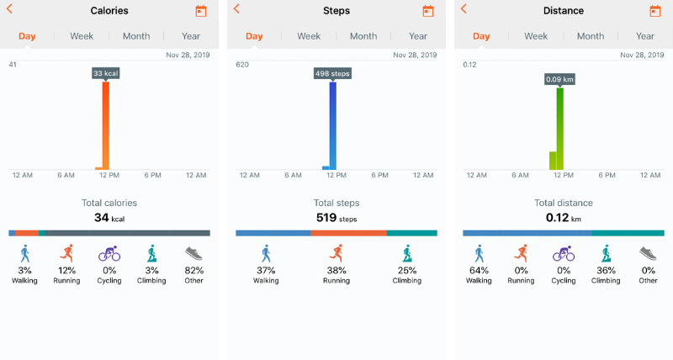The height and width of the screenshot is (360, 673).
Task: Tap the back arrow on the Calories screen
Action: click(9, 9)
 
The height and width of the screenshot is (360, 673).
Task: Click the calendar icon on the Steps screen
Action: click(428, 11)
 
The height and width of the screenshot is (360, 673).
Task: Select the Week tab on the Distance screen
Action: click(536, 36)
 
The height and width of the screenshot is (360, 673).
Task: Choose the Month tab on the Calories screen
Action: click(136, 36)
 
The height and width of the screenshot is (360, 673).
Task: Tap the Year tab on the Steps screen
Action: click(418, 36)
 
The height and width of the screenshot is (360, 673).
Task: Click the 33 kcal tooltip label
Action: click(106, 74)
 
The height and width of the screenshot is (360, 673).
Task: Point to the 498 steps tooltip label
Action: click(333, 74)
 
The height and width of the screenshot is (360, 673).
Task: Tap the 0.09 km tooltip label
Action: click(560, 79)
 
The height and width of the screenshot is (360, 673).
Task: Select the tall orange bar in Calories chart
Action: click(106, 126)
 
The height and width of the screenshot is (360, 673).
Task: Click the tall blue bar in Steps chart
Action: click(333, 126)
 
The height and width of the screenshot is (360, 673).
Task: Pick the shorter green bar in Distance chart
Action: click(553, 161)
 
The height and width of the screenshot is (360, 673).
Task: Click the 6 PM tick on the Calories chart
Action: click(152, 175)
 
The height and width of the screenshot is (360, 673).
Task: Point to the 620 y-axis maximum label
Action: click(242, 65)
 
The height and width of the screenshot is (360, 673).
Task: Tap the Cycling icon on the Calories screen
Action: click(109, 253)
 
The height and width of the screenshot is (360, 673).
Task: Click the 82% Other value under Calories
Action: click(193, 271)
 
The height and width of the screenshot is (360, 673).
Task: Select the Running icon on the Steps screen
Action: click(336, 253)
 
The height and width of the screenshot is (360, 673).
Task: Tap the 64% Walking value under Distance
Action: click(479, 271)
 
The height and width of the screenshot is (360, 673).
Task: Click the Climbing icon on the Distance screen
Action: click(606, 253)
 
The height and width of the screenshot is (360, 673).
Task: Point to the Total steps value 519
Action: click(326, 218)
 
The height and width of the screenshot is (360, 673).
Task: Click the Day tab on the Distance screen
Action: click(481, 36)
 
